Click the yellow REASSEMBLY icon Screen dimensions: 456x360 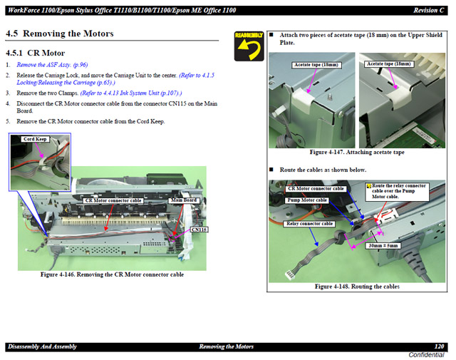[249, 46]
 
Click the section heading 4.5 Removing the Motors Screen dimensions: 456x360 [60, 34]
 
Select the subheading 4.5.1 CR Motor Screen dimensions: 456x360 [35, 53]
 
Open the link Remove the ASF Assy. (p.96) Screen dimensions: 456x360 [52, 65]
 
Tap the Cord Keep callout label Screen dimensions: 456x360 [35, 139]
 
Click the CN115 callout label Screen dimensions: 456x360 [199, 230]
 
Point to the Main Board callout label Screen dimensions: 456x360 [184, 200]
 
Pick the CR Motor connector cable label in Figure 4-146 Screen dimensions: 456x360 [113, 200]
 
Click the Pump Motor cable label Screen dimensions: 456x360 [307, 200]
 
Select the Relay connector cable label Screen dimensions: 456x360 [309, 224]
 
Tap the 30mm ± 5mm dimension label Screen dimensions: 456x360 [383, 246]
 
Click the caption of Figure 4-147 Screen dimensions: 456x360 [357, 153]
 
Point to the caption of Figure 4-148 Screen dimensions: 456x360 [357, 287]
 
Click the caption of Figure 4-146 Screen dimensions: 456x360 [112, 274]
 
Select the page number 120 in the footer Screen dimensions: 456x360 [439, 346]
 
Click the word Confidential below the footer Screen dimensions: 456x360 [426, 355]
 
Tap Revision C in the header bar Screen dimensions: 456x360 [429, 11]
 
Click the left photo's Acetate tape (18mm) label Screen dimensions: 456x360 [316, 65]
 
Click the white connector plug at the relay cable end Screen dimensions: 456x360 [290, 275]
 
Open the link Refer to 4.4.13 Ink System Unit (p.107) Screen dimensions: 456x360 [131, 93]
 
